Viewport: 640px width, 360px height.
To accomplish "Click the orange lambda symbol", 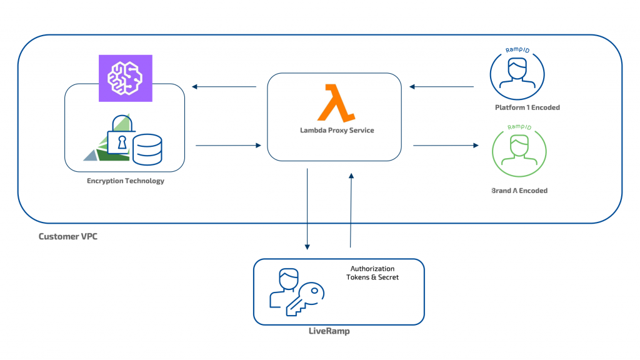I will (335, 103).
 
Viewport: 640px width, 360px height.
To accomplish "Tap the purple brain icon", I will (126, 77).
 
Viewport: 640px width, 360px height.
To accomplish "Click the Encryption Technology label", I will (126, 181).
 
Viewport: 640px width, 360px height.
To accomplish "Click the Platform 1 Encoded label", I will (527, 107).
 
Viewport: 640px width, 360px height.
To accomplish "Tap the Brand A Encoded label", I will (519, 191).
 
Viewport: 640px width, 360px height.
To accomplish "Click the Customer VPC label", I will (68, 237).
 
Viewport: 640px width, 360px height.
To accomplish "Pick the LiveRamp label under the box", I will (329, 331).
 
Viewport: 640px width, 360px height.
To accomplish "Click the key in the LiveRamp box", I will (304, 299).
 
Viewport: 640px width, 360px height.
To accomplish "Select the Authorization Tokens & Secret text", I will (372, 273).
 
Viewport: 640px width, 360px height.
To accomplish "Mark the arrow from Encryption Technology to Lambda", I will (227, 146).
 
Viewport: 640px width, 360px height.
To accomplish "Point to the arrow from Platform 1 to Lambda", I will (441, 87).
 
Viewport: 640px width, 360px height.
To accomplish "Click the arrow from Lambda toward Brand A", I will (445, 146).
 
